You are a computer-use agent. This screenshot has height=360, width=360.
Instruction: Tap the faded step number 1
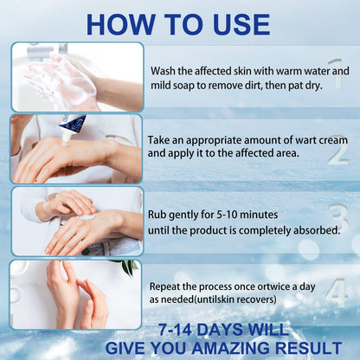336,73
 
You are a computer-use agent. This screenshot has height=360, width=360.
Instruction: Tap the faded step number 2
337,150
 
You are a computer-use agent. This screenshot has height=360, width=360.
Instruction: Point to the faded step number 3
340,219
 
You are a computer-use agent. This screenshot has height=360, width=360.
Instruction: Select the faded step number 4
336,292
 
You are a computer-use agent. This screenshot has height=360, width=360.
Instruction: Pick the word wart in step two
305,140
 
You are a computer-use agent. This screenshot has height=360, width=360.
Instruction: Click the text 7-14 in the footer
175,330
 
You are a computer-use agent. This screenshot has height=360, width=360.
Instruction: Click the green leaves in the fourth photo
127,266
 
